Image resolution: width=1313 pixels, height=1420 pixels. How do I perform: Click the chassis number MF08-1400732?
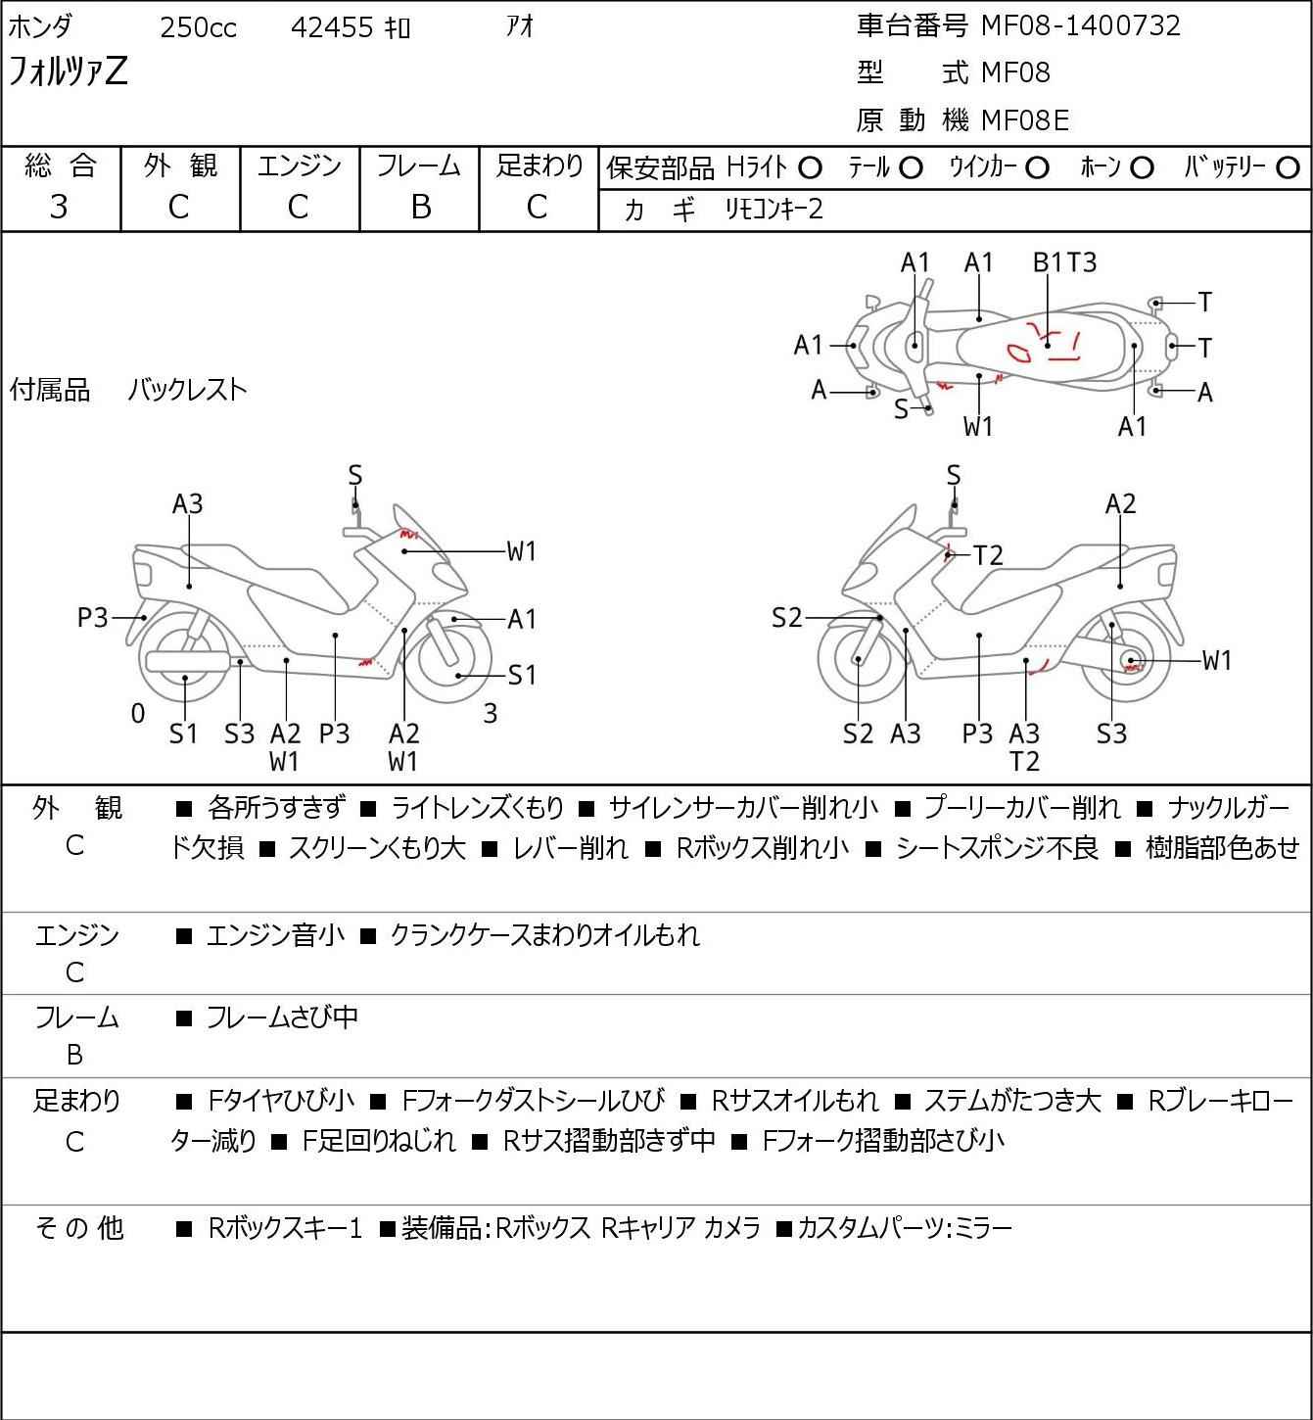click(x=1080, y=25)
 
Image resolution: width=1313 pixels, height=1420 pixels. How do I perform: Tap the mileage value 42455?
click(x=332, y=27)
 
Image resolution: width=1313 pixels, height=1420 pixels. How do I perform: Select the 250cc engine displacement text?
click(x=198, y=27)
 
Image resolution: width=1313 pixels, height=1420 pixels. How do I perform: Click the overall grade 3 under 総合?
click(x=59, y=208)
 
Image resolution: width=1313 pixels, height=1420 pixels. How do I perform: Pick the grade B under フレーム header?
click(x=420, y=208)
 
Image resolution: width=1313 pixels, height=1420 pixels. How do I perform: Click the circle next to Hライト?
click(x=810, y=168)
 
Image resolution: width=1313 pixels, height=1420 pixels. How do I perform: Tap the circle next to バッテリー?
click(x=1288, y=168)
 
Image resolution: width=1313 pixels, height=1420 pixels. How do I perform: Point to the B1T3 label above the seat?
click(x=1064, y=262)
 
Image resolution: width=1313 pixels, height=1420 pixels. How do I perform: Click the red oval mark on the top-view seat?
click(x=1018, y=352)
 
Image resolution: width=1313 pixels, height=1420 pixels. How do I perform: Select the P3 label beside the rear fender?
click(x=92, y=617)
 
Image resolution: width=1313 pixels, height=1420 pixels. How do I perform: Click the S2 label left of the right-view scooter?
click(x=786, y=617)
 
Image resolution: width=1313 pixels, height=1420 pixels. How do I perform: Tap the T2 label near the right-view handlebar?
click(x=988, y=555)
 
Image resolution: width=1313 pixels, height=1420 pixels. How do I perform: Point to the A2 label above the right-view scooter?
click(x=1120, y=504)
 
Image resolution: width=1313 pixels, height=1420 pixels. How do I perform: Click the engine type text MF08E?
click(x=1025, y=120)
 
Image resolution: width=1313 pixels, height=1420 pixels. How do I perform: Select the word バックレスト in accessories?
click(x=187, y=390)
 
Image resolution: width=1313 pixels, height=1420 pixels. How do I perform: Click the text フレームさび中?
click(x=282, y=1017)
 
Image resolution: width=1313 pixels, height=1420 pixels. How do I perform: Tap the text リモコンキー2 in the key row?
click(x=774, y=210)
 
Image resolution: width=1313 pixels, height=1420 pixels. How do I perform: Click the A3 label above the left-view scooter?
click(x=187, y=504)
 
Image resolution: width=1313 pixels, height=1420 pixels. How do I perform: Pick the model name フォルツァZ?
click(x=68, y=71)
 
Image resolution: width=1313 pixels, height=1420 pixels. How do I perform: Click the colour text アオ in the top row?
click(x=520, y=26)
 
